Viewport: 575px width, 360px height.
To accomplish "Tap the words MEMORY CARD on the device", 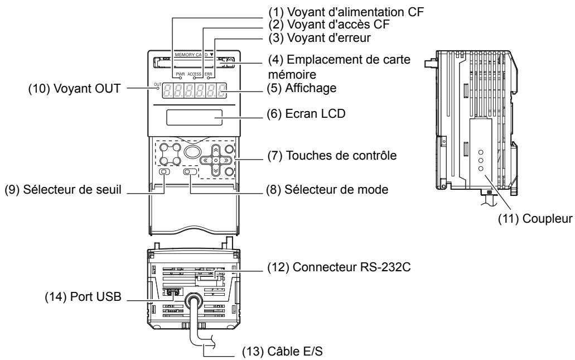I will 191,56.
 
